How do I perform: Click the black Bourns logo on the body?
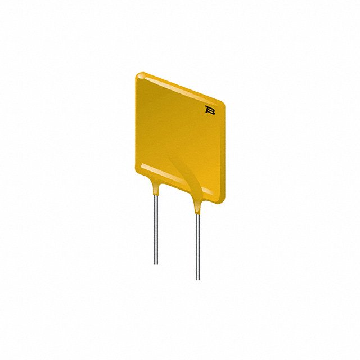click(x=211, y=110)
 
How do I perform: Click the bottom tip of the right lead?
click(x=197, y=278)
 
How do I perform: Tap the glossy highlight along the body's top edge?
click(x=180, y=88)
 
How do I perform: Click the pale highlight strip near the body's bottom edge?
click(x=169, y=175)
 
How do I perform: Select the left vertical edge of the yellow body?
click(x=137, y=121)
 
